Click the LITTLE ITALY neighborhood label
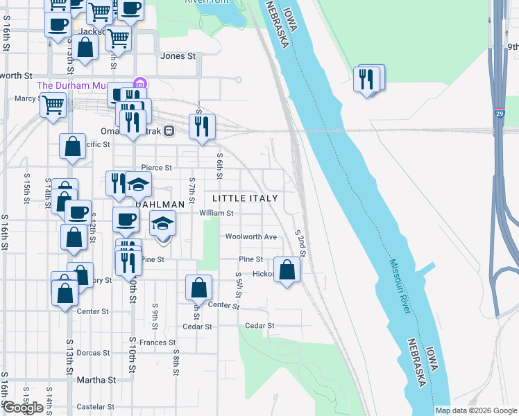[244, 198]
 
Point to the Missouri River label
[400, 286]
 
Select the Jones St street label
[178, 56]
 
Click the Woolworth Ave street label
[250, 236]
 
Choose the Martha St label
[96, 380]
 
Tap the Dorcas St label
[92, 353]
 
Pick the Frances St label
[158, 343]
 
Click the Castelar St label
[94, 406]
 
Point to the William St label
[216, 214]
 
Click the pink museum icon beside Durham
[139, 83]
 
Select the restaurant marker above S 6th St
[202, 127]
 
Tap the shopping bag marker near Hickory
[287, 269]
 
